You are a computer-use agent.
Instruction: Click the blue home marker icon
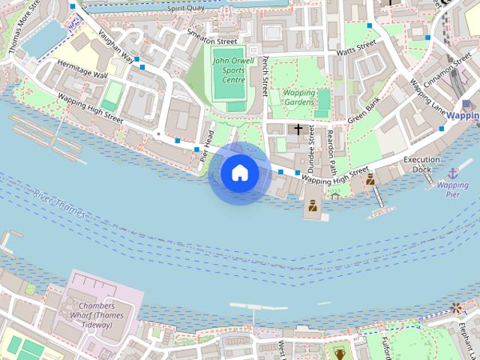(240, 173)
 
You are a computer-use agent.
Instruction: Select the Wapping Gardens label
(298, 97)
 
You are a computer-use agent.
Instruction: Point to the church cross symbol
(298, 130)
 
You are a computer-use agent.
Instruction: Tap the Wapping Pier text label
(452, 189)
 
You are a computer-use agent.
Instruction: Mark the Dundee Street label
(311, 146)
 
